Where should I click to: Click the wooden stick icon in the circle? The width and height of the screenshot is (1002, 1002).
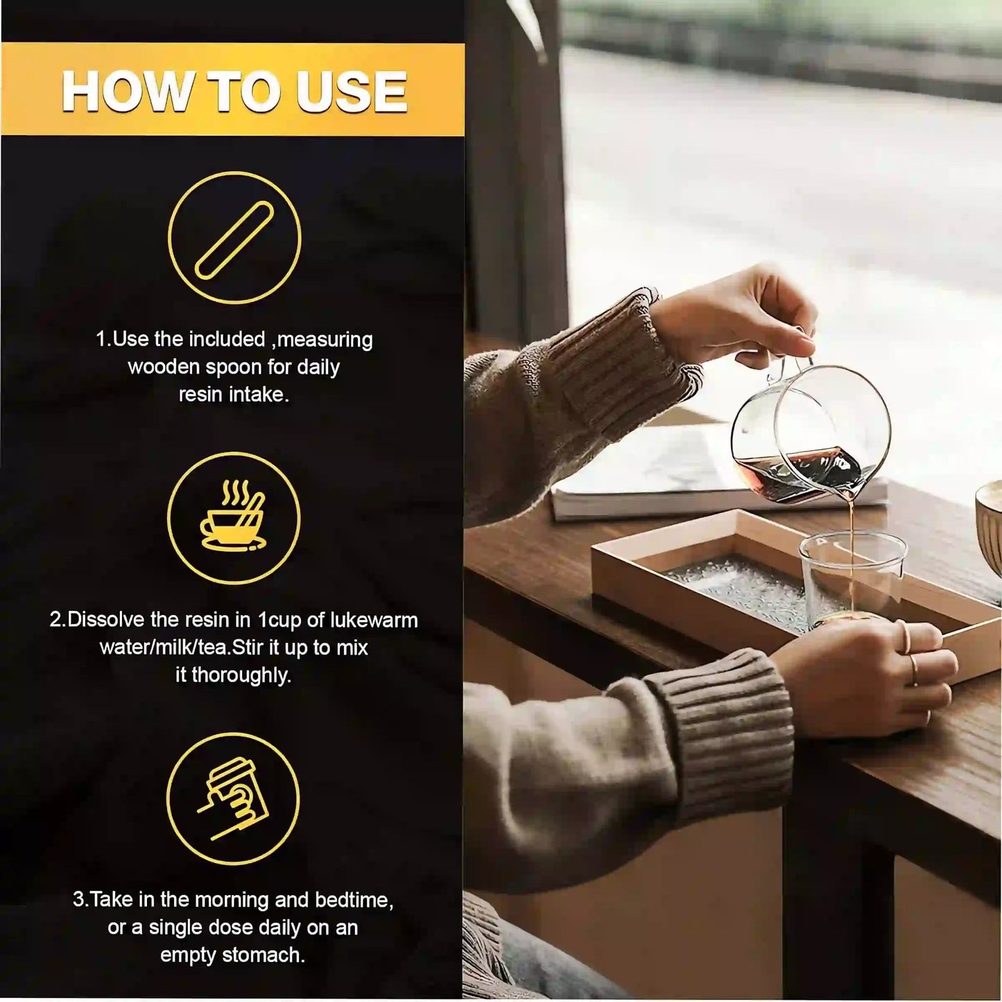pos(234,240)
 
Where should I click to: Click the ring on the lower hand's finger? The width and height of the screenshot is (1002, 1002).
pos(914,671)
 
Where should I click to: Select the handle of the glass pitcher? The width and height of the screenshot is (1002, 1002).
pos(775,368)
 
